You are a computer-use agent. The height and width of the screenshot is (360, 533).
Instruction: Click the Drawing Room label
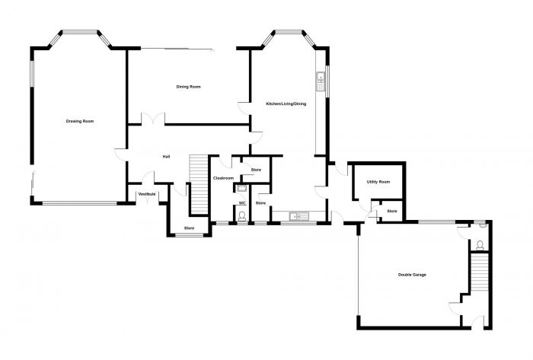[x=80, y=121]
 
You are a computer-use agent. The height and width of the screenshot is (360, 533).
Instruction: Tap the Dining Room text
[x=189, y=88]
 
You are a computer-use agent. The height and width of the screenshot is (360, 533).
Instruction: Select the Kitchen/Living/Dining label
[x=286, y=104]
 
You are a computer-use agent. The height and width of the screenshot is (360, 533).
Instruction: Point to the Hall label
[x=166, y=157]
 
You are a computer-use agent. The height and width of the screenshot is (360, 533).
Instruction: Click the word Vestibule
[x=146, y=194]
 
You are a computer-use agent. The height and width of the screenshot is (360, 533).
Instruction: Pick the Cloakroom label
[x=223, y=177]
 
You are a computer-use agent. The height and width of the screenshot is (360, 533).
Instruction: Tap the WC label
[x=242, y=203]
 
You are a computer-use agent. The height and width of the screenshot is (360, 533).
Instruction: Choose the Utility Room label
[x=378, y=182]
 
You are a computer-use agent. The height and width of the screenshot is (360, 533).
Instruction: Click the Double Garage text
[x=412, y=275]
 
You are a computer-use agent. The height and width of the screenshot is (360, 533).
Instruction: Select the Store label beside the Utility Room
[x=392, y=211]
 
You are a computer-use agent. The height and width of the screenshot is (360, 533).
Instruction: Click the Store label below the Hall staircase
[x=189, y=228]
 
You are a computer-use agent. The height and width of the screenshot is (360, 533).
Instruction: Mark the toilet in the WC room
[x=242, y=217]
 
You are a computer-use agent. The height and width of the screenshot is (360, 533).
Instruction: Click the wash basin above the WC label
[x=242, y=188]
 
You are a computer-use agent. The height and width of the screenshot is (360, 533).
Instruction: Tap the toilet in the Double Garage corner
[x=480, y=245]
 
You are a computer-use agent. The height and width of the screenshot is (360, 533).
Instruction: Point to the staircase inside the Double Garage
[x=478, y=276]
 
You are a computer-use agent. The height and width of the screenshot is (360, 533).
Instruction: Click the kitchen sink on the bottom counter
[x=297, y=217]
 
